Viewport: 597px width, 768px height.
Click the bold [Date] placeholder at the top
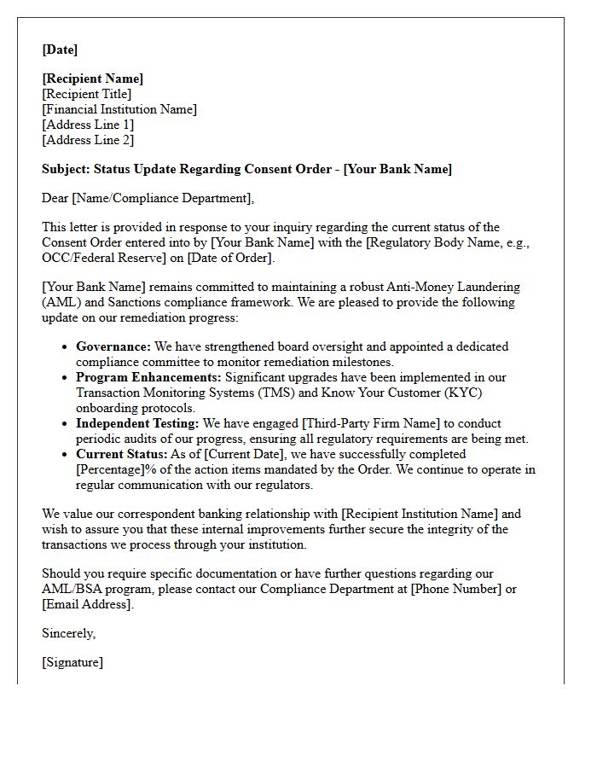point(60,49)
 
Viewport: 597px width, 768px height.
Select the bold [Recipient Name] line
point(93,79)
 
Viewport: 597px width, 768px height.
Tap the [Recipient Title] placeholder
point(87,94)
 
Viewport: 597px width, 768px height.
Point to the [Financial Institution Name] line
point(119,109)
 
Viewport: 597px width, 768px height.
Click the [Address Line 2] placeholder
point(88,140)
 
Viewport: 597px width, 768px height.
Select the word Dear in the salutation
point(55,198)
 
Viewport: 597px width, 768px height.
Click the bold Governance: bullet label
point(113,346)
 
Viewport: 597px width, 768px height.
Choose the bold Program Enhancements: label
point(148,377)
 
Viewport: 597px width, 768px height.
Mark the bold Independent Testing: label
point(137,423)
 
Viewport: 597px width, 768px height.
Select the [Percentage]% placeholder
point(119,469)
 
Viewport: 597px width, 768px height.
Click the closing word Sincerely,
point(69,633)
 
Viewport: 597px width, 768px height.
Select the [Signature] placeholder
point(72,662)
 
